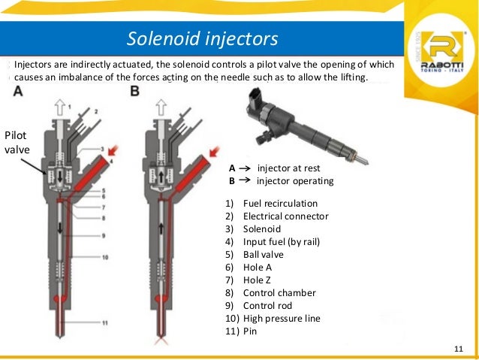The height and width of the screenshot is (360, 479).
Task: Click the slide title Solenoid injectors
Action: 202,38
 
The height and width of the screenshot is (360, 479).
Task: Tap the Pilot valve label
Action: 17,142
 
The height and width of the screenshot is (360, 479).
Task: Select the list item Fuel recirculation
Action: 280,204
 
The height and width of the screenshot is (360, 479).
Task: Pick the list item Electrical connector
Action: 286,216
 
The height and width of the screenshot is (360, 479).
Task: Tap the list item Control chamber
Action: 279,292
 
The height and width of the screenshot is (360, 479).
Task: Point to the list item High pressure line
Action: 282,318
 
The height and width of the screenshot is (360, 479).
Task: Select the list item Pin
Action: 250,331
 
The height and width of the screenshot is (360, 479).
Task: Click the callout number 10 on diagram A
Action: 106,258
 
